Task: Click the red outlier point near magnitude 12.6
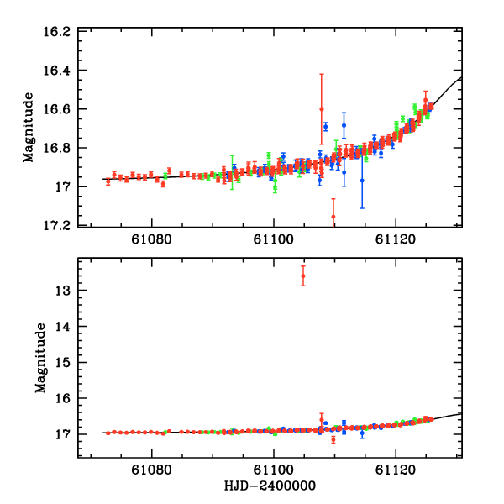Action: coord(303,276)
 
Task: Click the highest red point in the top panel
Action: coord(322,109)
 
